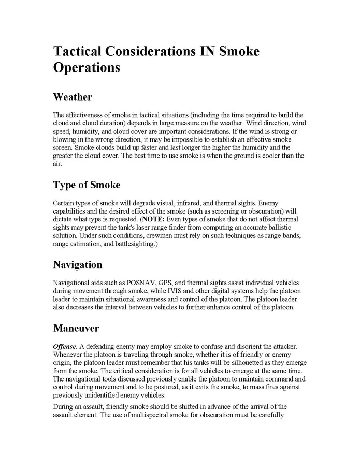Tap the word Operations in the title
coord(87,68)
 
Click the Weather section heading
coord(73,97)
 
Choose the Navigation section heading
coord(78,265)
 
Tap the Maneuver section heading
coord(76,328)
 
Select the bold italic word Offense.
coord(65,346)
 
